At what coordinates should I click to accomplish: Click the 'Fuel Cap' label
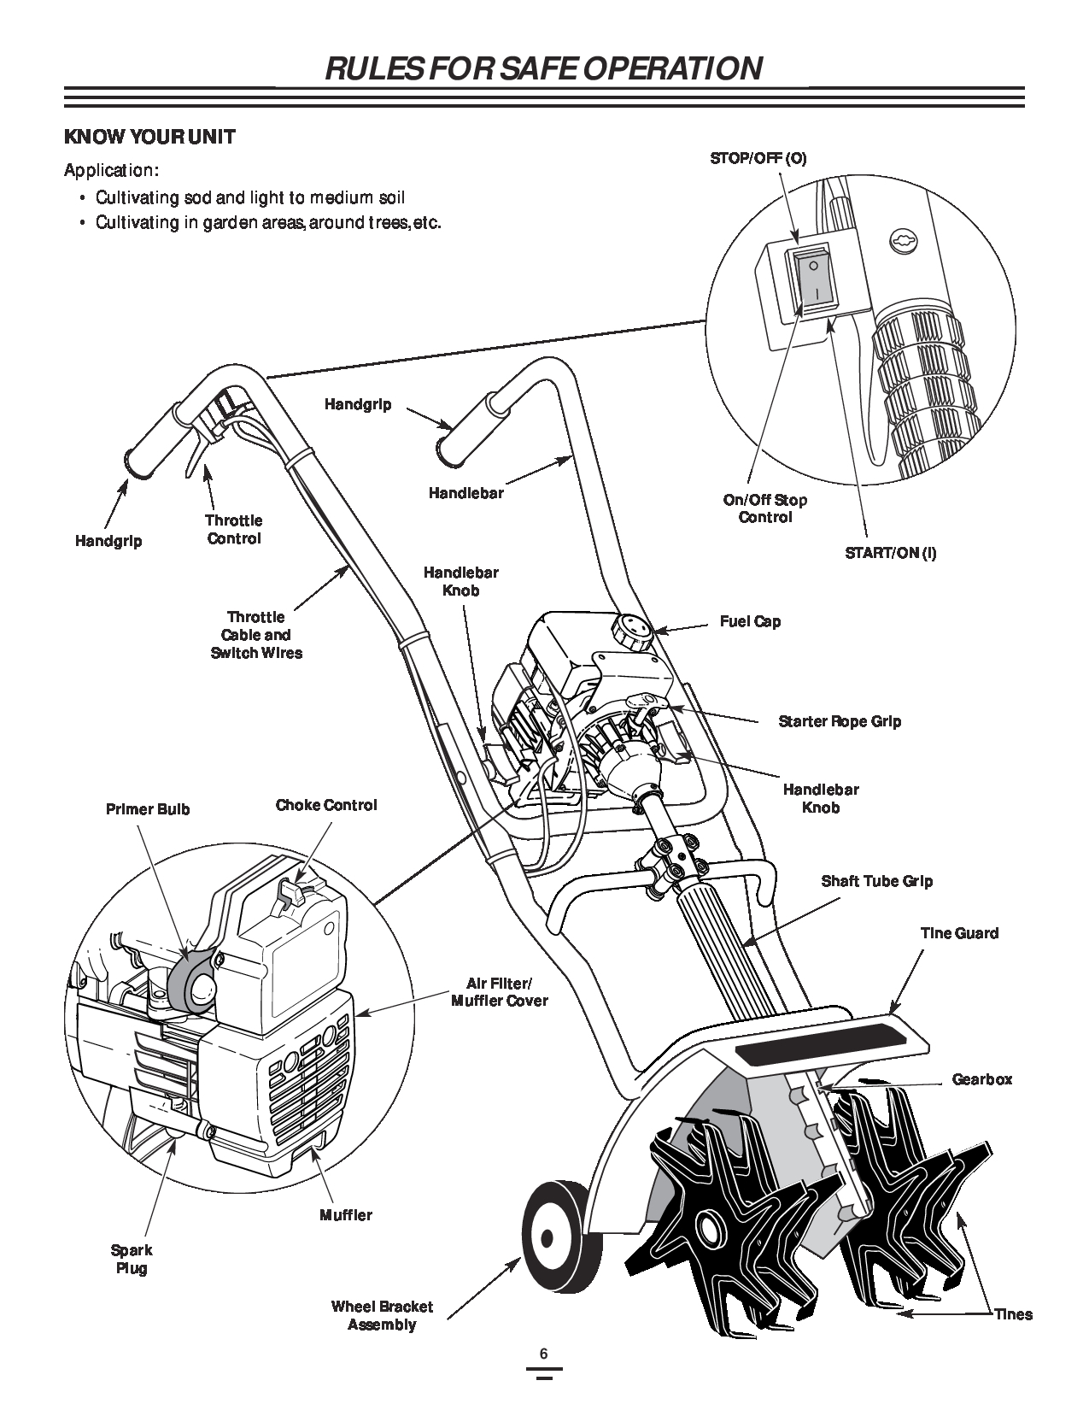coord(750,621)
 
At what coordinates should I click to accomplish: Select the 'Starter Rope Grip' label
coord(840,721)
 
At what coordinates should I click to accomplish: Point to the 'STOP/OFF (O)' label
coord(758,158)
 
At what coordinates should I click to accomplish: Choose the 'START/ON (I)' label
coord(891,552)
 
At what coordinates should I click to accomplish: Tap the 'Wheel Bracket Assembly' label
coord(382,1316)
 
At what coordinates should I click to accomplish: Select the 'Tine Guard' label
coord(959,933)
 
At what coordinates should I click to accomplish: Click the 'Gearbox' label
coord(982,1079)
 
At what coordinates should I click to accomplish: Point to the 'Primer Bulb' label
coord(148,808)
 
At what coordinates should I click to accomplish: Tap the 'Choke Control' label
coord(326,805)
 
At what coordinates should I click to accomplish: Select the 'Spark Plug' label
coord(132,1259)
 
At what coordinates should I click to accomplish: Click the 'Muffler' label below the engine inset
coord(346,1214)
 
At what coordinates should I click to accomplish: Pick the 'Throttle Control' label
coord(234,529)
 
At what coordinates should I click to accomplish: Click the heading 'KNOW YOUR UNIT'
coord(150,137)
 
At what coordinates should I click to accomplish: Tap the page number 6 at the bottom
coord(543,1354)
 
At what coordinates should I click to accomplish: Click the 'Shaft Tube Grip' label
coord(877,881)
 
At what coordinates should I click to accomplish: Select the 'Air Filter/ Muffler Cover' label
coord(500,991)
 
